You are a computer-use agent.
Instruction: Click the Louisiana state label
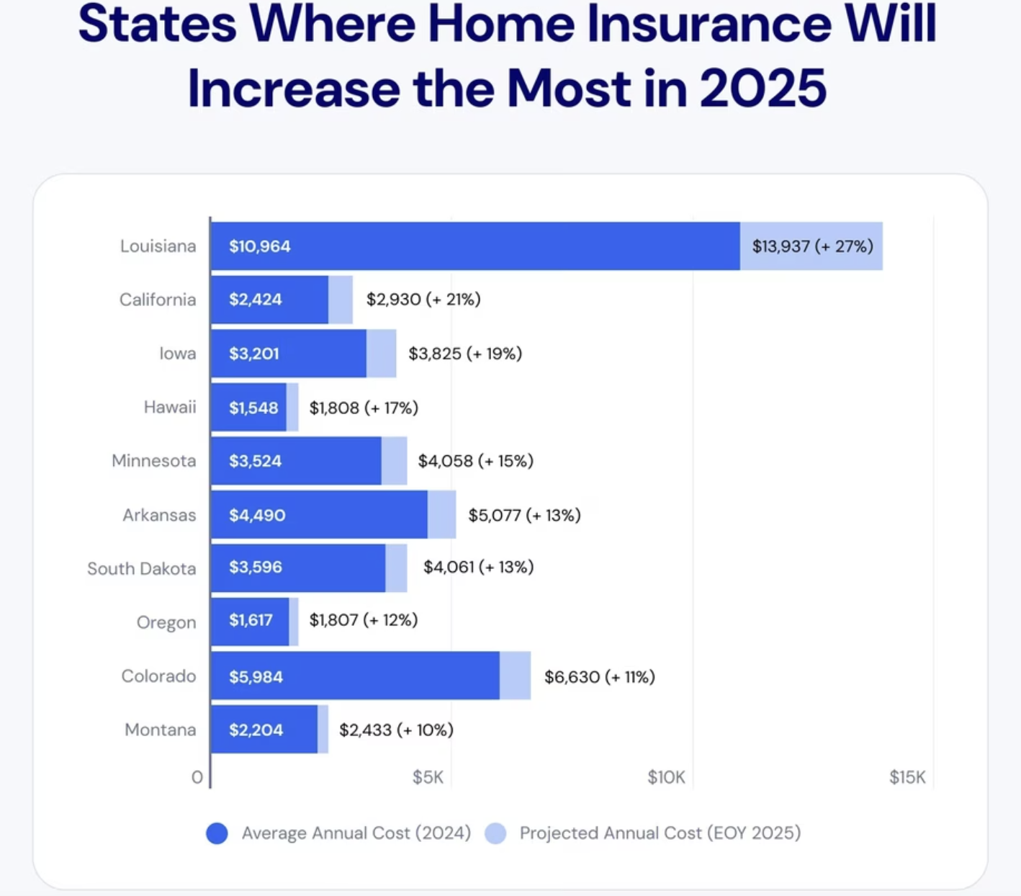click(158, 246)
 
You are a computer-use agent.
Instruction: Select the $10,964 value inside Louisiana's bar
click(260, 246)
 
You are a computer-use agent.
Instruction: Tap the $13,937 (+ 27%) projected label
click(812, 246)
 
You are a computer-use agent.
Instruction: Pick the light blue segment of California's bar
click(341, 300)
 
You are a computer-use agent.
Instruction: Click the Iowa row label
click(177, 354)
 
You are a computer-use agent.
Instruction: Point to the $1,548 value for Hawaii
click(253, 408)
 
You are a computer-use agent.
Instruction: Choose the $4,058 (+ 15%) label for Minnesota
click(476, 461)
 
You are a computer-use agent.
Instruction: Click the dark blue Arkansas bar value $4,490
click(257, 515)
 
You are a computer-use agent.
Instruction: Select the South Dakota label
click(141, 569)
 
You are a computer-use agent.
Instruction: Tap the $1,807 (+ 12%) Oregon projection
click(364, 620)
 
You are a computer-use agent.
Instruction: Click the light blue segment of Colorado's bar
click(515, 676)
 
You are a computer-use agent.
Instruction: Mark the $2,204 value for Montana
click(256, 730)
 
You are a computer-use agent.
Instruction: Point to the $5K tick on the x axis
click(428, 777)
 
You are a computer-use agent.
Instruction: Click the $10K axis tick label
click(666, 777)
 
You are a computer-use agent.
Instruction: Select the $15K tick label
click(907, 777)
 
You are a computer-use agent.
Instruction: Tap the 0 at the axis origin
click(197, 777)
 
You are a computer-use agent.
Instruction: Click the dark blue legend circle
click(217, 833)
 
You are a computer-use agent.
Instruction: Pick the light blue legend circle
click(495, 833)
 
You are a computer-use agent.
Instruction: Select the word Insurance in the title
click(709, 24)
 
